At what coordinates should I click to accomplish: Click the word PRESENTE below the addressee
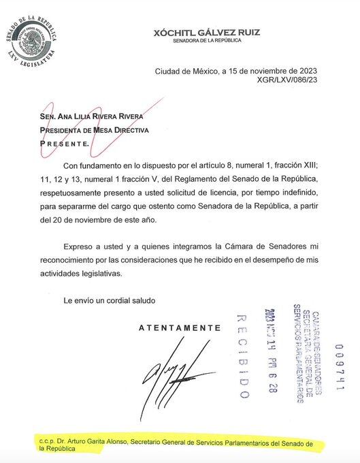pos(63,144)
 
